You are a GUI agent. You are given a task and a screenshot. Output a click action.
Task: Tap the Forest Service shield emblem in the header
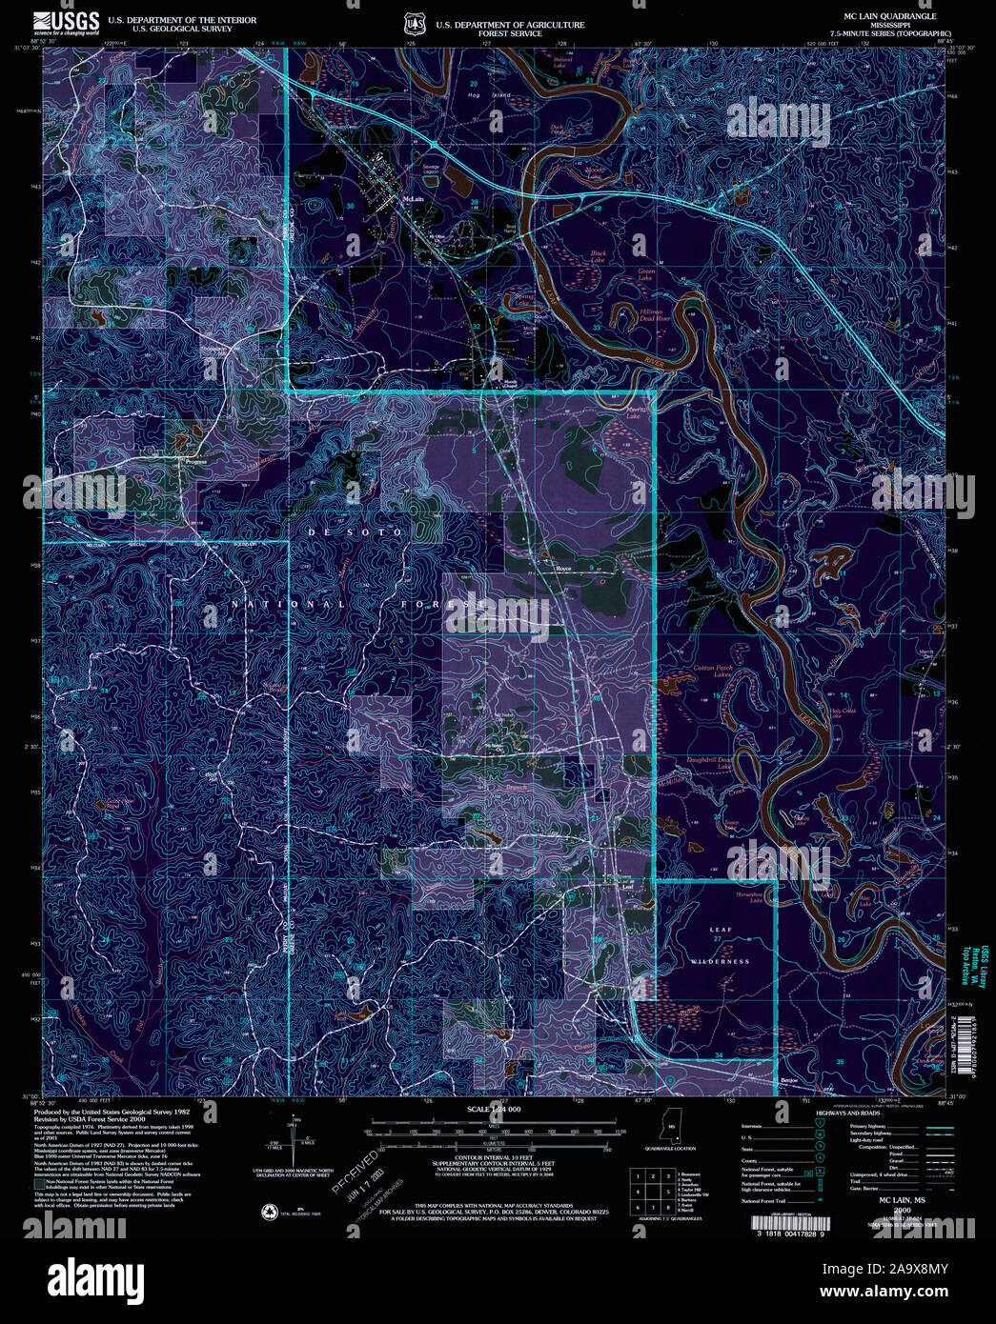click(412, 21)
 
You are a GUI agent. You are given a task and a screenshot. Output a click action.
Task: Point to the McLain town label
click(413, 199)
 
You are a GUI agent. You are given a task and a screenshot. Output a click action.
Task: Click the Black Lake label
click(598, 256)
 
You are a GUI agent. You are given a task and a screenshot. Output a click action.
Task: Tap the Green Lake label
click(646, 274)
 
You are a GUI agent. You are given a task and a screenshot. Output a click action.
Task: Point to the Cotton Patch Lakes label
click(713, 672)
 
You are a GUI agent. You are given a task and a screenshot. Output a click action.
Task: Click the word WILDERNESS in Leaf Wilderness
click(722, 961)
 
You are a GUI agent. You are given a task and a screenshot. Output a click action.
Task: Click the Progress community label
click(195, 462)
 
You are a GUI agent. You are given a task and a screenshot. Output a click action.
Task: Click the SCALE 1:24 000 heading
click(493, 1110)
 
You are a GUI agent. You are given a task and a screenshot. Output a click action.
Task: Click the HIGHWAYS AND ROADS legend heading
click(847, 1112)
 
